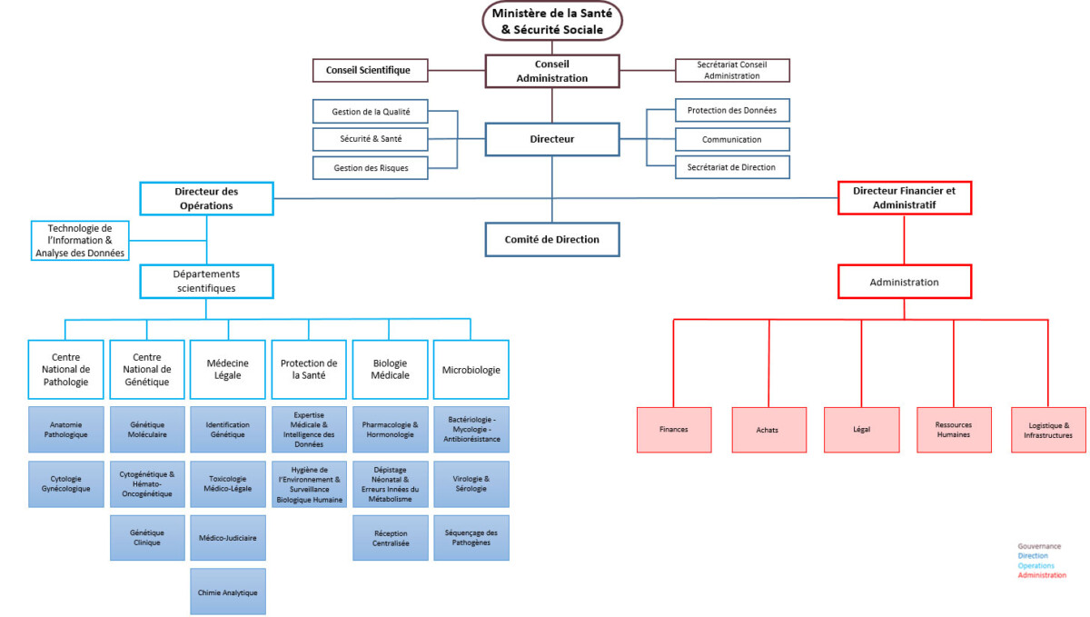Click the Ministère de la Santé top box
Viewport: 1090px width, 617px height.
551,20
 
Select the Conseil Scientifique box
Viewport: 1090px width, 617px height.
369,70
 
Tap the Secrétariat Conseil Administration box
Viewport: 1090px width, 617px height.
732,70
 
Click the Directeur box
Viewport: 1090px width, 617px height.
551,139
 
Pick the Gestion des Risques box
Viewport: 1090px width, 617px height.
371,167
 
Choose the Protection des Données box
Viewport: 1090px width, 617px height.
732,110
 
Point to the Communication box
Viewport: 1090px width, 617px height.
732,139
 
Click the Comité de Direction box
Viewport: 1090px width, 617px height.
551,239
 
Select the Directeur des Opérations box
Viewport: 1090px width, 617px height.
206,198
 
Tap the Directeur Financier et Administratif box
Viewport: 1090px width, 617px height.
904,198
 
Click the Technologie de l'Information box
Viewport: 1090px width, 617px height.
79,240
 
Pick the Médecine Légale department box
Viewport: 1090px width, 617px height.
227,369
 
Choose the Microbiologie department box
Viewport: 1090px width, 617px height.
471,370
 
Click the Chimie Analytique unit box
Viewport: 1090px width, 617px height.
227,592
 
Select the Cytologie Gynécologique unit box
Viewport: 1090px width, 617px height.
65,483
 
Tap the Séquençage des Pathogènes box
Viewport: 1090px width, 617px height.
471,537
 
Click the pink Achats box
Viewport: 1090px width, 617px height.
768,429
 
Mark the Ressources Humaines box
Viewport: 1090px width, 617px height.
954,429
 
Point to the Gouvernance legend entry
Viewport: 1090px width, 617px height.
1039,546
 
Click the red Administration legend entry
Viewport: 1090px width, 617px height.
1042,575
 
